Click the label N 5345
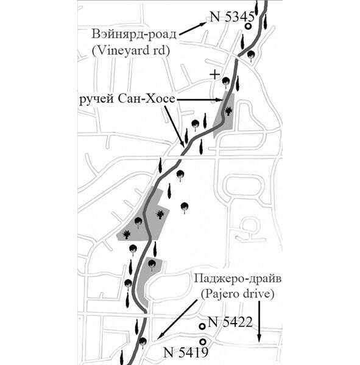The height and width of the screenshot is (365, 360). pos(232,17)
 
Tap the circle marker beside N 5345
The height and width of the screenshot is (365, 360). pos(249,26)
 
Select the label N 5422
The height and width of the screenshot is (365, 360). pos(230,322)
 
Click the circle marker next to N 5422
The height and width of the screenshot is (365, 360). pos(202,326)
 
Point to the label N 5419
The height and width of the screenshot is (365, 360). pos(186,353)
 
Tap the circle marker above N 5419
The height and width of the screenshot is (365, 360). pos(203,342)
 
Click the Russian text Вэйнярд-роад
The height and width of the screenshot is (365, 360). pos(134,34)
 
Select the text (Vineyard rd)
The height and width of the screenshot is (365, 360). pos(130,50)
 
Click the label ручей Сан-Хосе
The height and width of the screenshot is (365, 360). pos(127,99)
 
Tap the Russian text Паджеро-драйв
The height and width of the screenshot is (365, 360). pos(238,279)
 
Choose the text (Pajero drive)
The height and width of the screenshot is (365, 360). pos(238,294)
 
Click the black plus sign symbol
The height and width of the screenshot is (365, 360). pos(214,75)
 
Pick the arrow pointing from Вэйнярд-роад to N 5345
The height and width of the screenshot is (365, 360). pos(192,29)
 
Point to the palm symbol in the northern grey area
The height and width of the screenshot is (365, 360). pos(228,111)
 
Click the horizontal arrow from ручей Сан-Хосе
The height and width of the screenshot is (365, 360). pos(199,100)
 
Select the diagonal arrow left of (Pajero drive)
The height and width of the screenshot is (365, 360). pos(177,319)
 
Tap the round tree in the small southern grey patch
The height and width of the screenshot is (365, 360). pos(152,265)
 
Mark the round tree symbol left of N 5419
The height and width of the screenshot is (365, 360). pos(143,342)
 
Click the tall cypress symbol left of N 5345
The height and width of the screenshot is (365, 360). pos(243,41)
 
